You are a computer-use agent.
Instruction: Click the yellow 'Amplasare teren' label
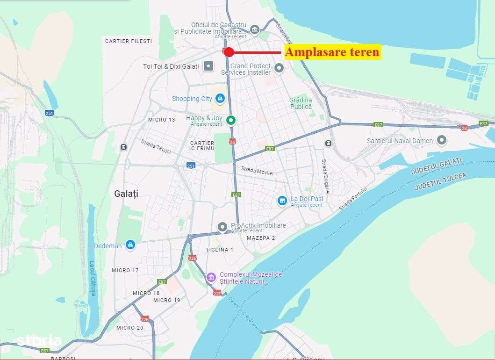click(x=332, y=52)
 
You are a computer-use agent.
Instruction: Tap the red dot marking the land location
click(x=229, y=52)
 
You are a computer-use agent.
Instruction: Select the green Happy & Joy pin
click(x=230, y=121)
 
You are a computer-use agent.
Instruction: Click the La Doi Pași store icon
click(x=282, y=201)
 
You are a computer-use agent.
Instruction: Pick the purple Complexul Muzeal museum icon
click(x=211, y=278)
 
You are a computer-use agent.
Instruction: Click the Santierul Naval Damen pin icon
click(x=441, y=140)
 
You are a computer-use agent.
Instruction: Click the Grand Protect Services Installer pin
click(x=279, y=69)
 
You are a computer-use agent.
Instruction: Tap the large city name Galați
click(x=126, y=193)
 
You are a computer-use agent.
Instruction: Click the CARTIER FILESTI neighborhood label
click(x=129, y=41)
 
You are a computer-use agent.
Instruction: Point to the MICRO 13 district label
click(x=161, y=120)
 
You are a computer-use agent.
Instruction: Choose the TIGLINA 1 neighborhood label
click(x=219, y=250)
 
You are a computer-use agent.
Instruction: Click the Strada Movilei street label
click(x=257, y=171)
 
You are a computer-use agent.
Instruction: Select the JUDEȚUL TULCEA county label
click(x=441, y=181)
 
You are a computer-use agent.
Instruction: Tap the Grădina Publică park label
click(x=300, y=103)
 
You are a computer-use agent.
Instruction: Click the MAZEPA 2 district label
click(x=261, y=238)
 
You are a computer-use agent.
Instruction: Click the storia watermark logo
click(x=39, y=340)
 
